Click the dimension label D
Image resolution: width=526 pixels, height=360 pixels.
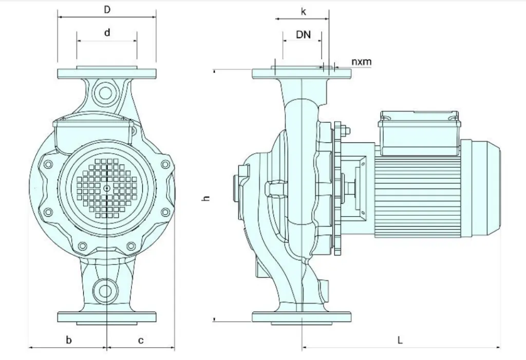click(x=107, y=10)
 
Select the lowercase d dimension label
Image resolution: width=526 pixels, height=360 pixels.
click(x=107, y=33)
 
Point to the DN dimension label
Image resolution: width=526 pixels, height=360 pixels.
click(x=303, y=34)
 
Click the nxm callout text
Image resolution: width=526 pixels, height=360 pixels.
click(x=361, y=62)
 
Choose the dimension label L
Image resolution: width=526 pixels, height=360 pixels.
click(x=400, y=340)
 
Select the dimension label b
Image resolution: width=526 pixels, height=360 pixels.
click(x=69, y=340)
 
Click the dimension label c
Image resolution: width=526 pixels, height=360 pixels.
click(x=140, y=340)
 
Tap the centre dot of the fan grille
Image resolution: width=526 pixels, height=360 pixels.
click(x=106, y=189)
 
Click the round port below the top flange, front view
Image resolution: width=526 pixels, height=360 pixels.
click(x=106, y=93)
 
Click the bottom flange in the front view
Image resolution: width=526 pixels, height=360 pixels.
click(x=106, y=316)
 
